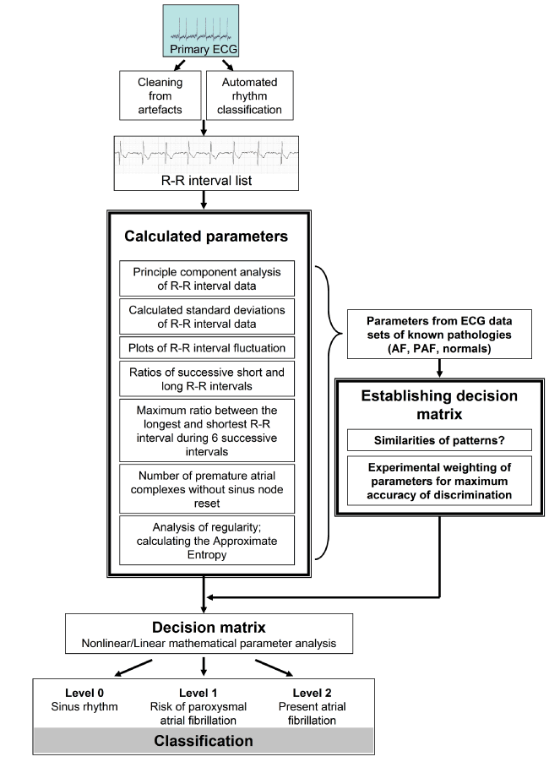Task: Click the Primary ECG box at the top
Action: click(200, 31)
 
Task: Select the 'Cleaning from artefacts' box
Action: click(160, 95)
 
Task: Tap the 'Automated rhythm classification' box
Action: click(250, 95)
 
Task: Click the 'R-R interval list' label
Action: click(206, 181)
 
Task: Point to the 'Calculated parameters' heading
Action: click(206, 237)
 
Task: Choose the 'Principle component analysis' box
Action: click(207, 279)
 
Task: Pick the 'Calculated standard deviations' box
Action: click(207, 317)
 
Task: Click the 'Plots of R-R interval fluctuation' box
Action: click(207, 348)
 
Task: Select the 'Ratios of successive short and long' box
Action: click(207, 379)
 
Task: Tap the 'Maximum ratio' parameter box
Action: click(207, 431)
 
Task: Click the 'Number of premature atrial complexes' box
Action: click(207, 489)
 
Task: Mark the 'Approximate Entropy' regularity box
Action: click(207, 541)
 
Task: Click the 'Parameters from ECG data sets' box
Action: click(439, 335)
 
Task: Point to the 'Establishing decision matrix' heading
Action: click(439, 405)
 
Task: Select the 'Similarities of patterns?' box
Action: click(439, 440)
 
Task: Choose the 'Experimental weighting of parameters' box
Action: click(439, 481)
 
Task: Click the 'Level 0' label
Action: click(84, 693)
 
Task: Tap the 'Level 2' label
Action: click(312, 693)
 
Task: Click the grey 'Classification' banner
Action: click(204, 741)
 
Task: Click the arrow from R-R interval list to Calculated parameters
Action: click(204, 199)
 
